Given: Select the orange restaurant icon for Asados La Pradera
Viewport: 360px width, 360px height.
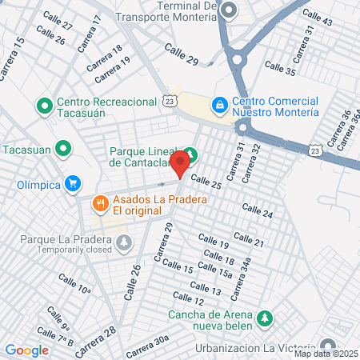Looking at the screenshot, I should coord(101,203).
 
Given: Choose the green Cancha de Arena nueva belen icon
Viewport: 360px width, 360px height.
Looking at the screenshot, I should coord(265,318).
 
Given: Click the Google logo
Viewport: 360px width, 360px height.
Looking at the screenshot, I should coord(26,350).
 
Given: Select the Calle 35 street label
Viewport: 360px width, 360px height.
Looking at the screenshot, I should coord(279,69).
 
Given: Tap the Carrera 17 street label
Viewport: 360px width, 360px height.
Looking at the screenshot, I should coord(89,32).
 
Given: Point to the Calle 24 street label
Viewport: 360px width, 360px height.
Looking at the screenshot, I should coord(257,212).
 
